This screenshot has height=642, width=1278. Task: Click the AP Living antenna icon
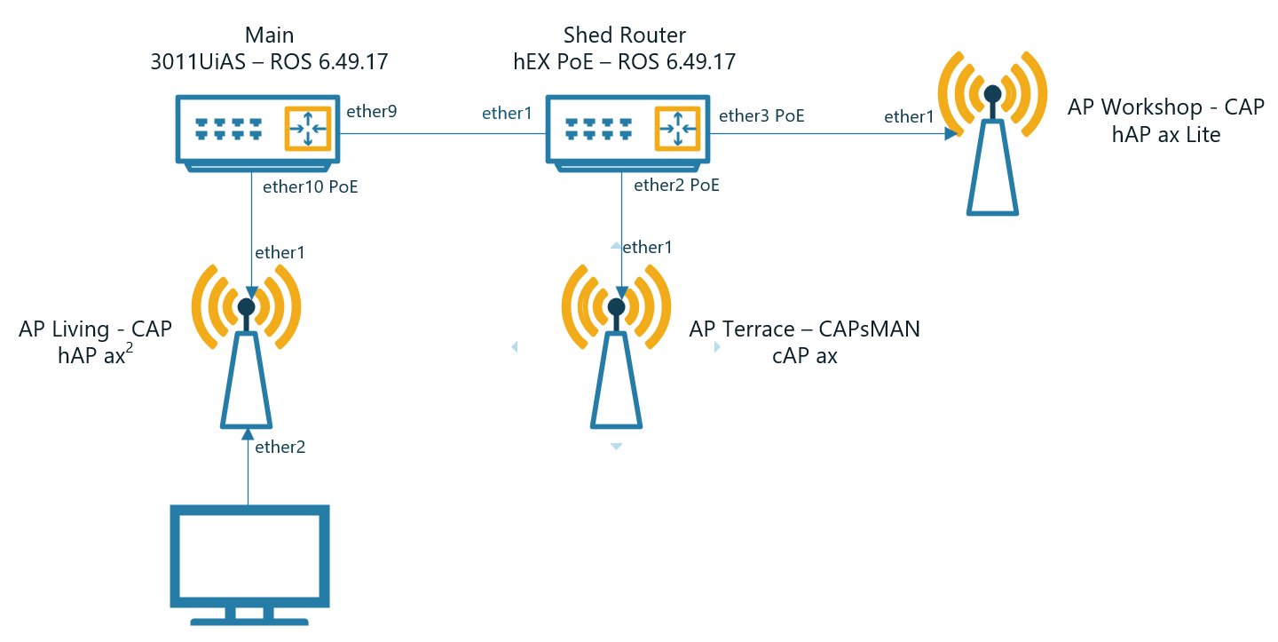pos(247,346)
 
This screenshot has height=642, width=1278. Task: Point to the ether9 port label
pos(371,112)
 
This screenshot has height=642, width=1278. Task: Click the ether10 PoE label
pos(311,187)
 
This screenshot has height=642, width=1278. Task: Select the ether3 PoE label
pos(761,115)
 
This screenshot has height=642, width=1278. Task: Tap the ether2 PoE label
pos(676,186)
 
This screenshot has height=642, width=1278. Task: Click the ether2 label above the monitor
pos(280,448)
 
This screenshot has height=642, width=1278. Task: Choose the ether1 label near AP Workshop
pos(909,116)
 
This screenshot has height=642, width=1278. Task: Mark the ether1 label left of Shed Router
pos(507,113)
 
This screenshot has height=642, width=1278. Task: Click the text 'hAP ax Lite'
pos(1166,135)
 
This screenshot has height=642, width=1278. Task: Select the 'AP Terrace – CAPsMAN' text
pos(804,329)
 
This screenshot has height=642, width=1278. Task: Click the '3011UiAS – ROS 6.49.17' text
pos(269,62)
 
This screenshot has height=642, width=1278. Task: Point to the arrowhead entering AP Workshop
pos(951,134)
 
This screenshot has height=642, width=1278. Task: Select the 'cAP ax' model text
pos(805,357)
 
